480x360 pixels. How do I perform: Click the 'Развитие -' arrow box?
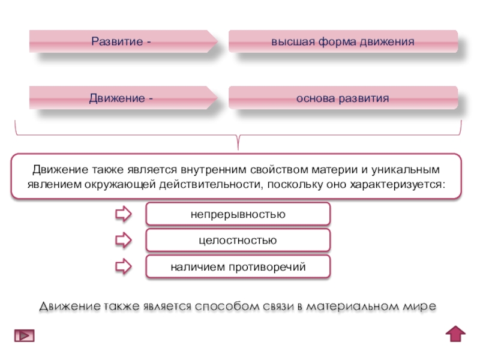tap(123, 42)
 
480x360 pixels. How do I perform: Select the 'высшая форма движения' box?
tap(343, 42)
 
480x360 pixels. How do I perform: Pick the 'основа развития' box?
tap(343, 98)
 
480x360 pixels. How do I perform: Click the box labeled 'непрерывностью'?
tap(238, 214)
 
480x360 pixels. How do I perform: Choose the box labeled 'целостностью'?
tap(238, 240)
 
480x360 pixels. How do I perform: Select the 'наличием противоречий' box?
tap(238, 266)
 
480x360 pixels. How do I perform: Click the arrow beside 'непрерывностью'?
tap(123, 214)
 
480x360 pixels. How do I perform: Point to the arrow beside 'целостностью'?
tap(123, 241)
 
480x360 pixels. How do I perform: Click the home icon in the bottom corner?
tap(455, 334)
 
